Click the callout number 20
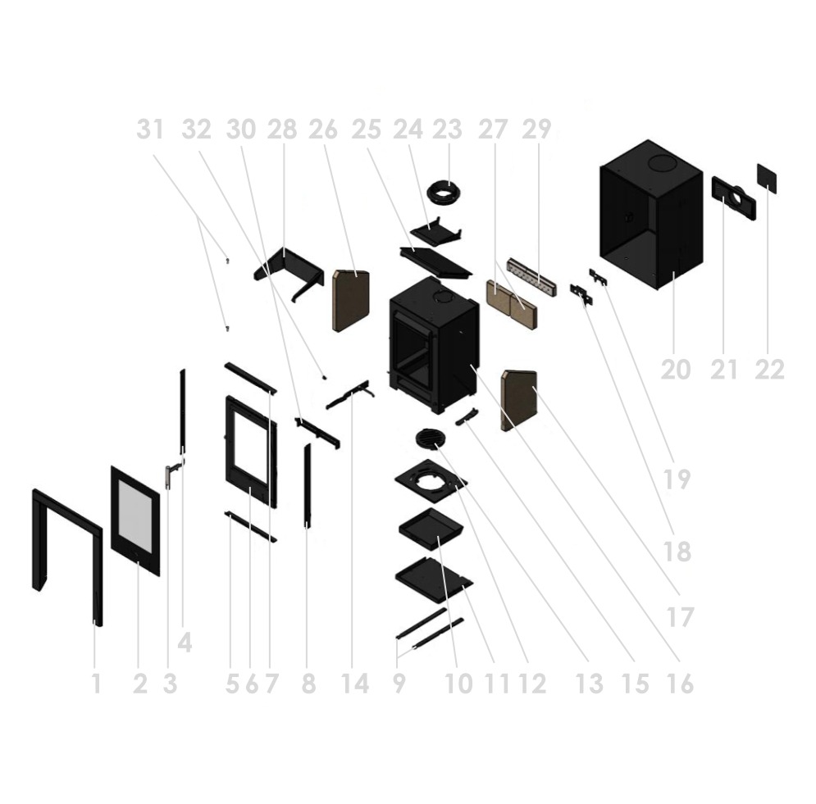click(676, 370)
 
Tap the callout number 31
click(150, 129)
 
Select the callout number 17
click(680, 617)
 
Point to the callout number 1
click(96, 684)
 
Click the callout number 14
click(355, 684)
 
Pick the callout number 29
click(536, 129)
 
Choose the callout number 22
click(770, 370)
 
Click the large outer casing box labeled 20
click(651, 214)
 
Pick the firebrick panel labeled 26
click(351, 301)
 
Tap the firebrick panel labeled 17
click(518, 400)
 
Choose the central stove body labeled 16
click(434, 345)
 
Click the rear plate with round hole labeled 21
click(734, 198)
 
